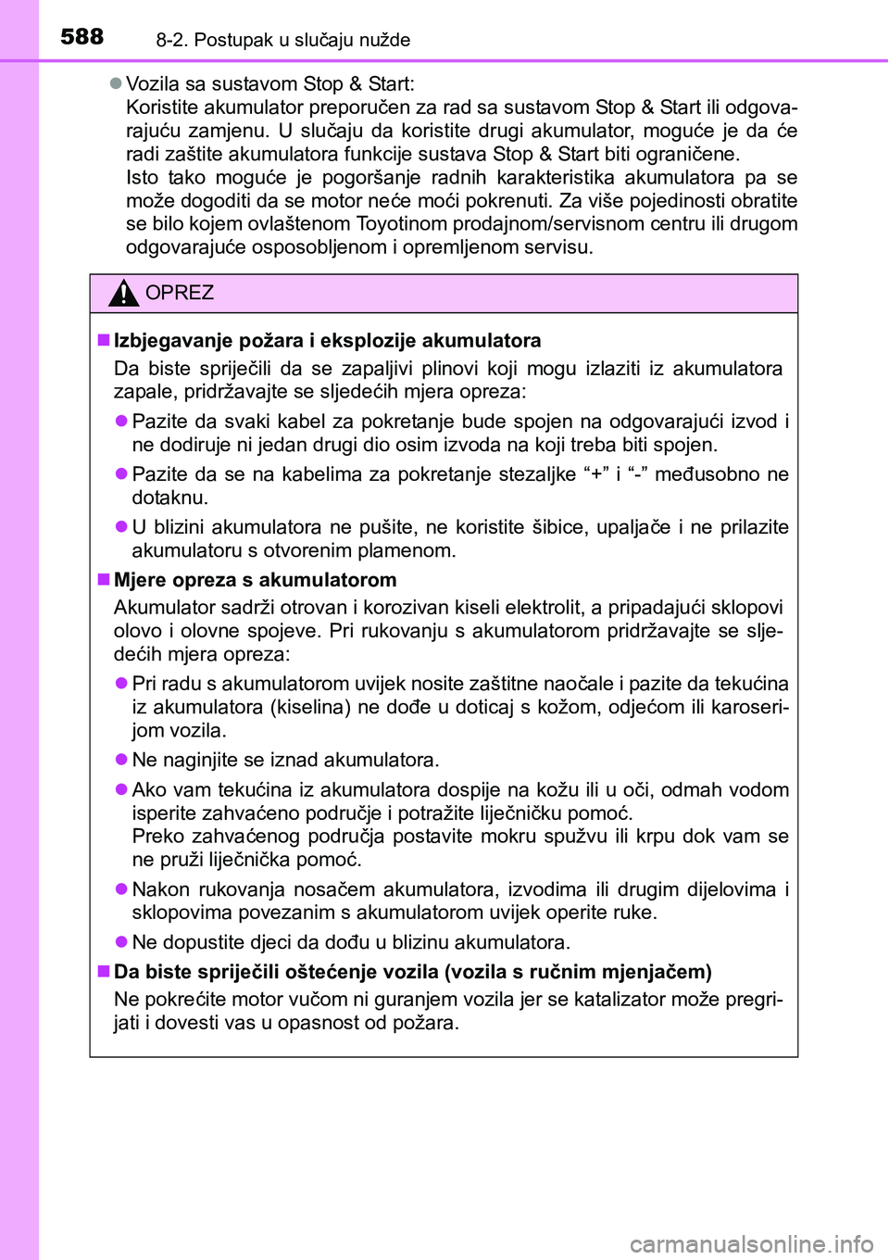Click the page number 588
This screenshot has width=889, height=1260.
pos(81,36)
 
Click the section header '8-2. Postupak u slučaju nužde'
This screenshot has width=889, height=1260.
pos(282,40)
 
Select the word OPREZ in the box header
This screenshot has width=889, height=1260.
pos(180,293)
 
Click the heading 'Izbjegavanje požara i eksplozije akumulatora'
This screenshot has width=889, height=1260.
pos(327,340)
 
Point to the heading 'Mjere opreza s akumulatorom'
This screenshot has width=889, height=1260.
pos(255,580)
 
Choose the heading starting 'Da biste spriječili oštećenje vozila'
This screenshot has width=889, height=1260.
pos(412,972)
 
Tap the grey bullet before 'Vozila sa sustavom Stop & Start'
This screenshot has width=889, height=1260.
pos(116,83)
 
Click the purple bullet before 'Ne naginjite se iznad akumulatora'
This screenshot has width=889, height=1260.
pos(121,760)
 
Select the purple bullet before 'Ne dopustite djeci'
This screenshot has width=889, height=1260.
pos(121,942)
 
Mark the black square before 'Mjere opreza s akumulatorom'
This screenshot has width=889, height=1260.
pos(104,580)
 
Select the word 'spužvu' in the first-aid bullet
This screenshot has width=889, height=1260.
pos(576,836)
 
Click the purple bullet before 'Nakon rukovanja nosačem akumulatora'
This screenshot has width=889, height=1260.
pos(121,889)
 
